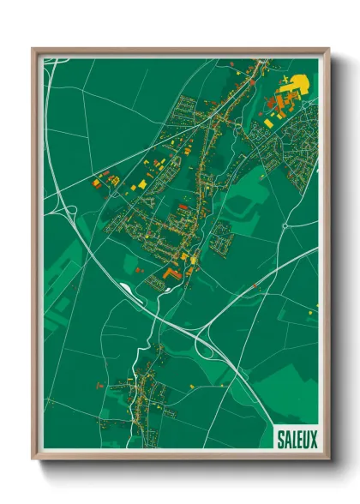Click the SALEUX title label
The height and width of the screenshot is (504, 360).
[x=297, y=439]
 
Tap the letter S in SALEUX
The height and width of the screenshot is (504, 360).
[x=280, y=439]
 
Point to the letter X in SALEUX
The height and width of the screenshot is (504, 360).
[x=313, y=439]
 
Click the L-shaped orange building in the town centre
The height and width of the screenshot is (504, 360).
[x=171, y=273]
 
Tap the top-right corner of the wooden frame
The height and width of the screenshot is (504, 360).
[x=327, y=50]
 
